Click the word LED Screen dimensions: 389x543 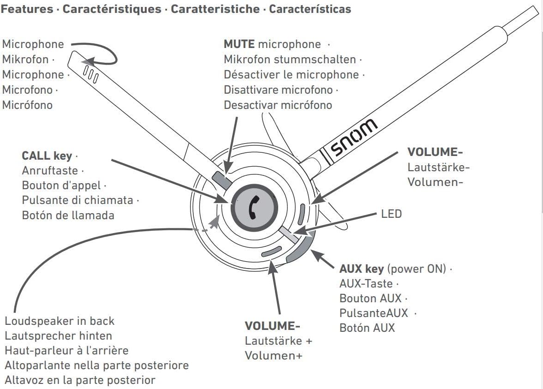pos(391,214)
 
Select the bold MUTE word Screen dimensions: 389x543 pos(239,44)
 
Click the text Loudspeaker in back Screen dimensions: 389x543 pos(60,321)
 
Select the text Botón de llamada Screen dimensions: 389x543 pos(68,215)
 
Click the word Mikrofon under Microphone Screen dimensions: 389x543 pos(25,60)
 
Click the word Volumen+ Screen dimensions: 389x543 pos(274,356)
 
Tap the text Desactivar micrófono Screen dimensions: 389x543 pos(278,105)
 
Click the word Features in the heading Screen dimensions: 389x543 pos(27,9)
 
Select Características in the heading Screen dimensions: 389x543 pos(310,9)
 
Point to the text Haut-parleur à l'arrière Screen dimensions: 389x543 pos(66,350)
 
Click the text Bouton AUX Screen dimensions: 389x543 pos(370,298)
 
